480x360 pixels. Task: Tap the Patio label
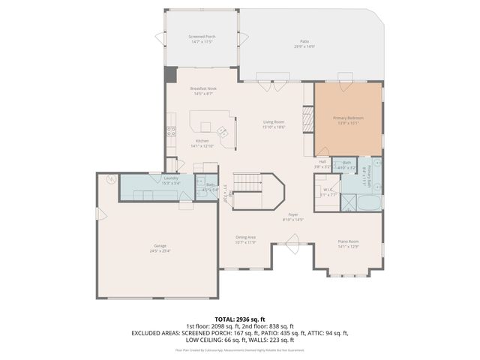[x=304, y=42]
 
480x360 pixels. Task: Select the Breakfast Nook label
[x=202, y=88]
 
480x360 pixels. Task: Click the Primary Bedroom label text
[x=348, y=118]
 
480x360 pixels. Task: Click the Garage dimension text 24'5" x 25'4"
[x=159, y=250]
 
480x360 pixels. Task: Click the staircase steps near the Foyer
[x=245, y=182]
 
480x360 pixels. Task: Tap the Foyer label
[x=293, y=214]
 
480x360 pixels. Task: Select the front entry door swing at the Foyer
[x=293, y=241]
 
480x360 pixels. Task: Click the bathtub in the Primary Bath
[x=369, y=202]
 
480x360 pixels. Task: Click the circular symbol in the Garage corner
[x=111, y=179]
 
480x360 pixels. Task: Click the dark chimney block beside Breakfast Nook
[x=170, y=74]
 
